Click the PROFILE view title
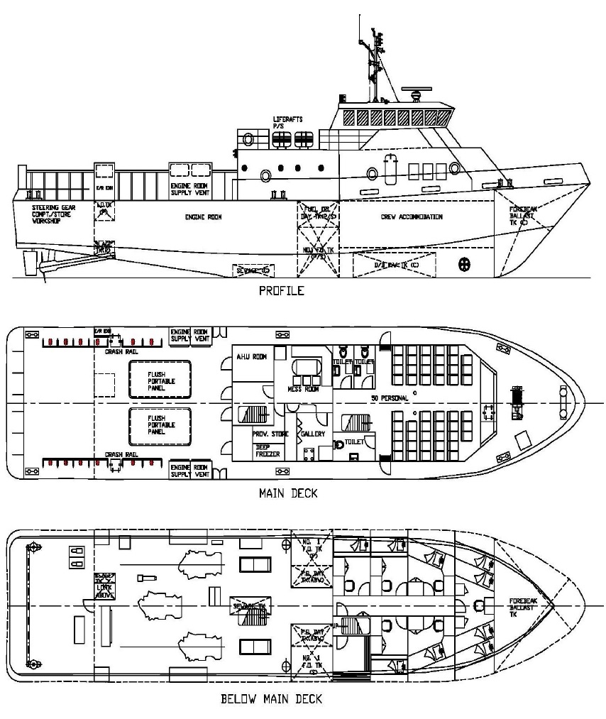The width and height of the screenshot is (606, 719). coord(281,290)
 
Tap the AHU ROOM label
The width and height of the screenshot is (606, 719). coord(251,357)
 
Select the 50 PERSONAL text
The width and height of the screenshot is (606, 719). coord(390,398)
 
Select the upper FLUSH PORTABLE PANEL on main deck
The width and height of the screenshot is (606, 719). coord(160,381)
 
